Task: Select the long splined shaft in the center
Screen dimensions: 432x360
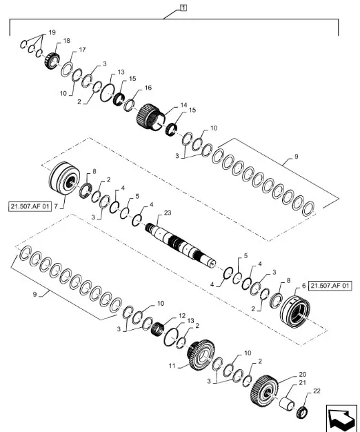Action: [183, 246]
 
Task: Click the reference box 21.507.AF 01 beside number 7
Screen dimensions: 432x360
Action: [31, 206]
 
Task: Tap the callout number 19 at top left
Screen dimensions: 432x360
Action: [51, 33]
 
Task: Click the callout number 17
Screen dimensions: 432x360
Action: [82, 50]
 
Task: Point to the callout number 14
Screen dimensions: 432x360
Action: [183, 105]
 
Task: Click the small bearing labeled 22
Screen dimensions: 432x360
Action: [301, 414]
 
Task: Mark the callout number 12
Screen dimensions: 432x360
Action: [183, 316]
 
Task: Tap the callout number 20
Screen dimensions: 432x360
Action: [302, 375]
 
